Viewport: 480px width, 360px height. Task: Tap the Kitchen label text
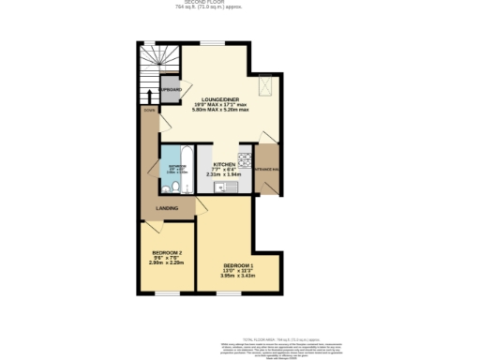pos(223,163)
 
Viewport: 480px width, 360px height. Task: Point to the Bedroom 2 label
pos(166,253)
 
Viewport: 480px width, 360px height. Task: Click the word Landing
pos(167,207)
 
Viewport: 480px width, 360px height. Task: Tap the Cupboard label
pos(170,89)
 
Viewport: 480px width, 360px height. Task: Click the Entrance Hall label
pos(267,169)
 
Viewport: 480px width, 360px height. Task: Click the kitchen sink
pos(221,186)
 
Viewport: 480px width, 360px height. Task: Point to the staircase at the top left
pos(157,62)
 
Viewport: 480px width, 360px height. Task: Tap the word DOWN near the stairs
pos(148,110)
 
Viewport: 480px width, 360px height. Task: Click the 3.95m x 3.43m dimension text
pos(237,276)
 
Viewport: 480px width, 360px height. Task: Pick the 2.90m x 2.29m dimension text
pos(166,263)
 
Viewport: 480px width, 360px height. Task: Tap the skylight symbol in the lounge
pos(265,86)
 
